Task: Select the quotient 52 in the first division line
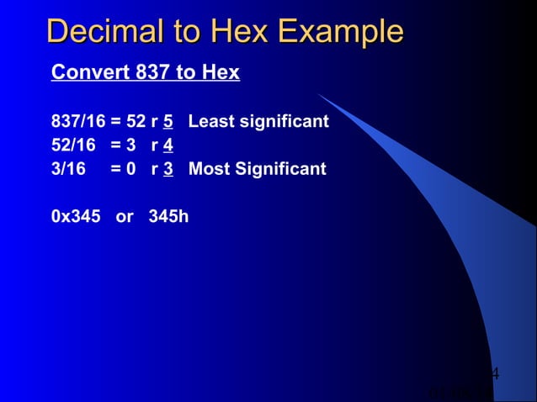pyautogui.click(x=136, y=122)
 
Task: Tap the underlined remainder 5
pyautogui.click(x=168, y=122)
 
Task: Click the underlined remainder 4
pyautogui.click(x=168, y=145)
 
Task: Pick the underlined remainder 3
pyautogui.click(x=168, y=169)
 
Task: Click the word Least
pyautogui.click(x=211, y=122)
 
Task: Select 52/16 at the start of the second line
pyautogui.click(x=73, y=145)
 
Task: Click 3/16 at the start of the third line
pyautogui.click(x=68, y=169)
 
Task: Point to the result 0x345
pyautogui.click(x=76, y=216)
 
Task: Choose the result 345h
pyautogui.click(x=168, y=216)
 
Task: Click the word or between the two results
pyautogui.click(x=125, y=217)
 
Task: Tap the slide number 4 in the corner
pyautogui.click(x=495, y=373)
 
